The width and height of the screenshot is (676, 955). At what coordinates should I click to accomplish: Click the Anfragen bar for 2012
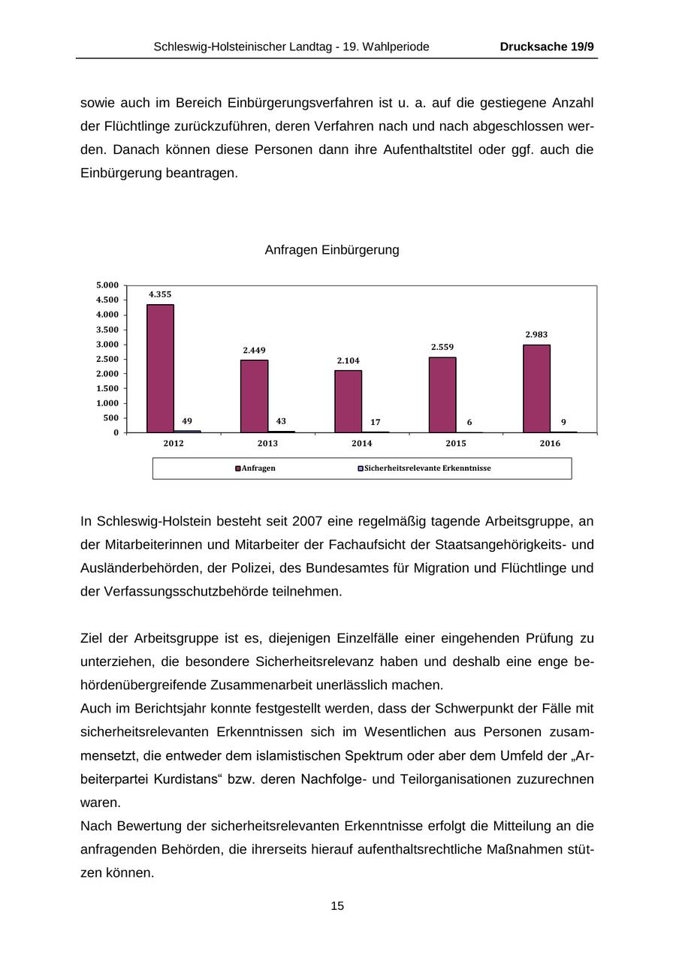tap(160, 368)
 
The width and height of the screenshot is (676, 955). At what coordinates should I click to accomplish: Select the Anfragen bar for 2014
tap(348, 401)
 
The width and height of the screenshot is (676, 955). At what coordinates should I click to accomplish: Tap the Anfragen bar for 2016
tap(536, 388)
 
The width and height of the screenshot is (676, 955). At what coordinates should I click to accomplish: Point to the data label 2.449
tap(254, 350)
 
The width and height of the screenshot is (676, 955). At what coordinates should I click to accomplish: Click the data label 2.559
tap(442, 347)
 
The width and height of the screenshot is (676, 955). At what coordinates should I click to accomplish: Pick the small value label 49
tap(187, 421)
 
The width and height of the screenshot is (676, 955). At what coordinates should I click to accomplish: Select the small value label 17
tap(375, 422)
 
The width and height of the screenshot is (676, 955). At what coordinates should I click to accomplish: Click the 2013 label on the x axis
tap(267, 444)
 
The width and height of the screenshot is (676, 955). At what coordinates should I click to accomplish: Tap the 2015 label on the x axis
tap(456, 444)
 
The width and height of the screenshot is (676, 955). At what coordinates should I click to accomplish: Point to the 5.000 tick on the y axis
tap(107, 285)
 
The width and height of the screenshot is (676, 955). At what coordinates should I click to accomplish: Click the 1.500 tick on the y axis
tap(107, 389)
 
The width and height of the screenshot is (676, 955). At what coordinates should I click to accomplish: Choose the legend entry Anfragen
tap(258, 468)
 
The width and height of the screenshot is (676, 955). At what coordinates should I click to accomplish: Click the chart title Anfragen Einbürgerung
tap(332, 250)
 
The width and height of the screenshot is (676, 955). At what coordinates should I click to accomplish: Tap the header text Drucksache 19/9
tap(547, 47)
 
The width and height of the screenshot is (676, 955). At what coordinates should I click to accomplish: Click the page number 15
tap(337, 906)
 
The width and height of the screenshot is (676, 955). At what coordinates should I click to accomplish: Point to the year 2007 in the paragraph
tap(307, 521)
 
